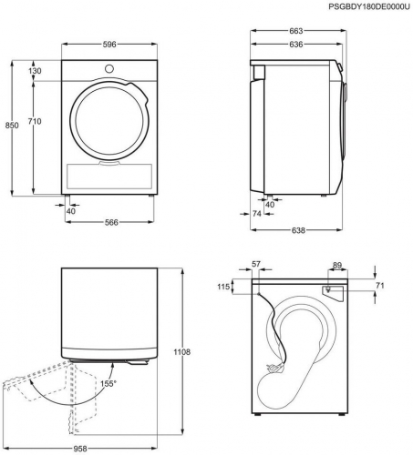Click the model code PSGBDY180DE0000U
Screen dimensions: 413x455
[x=369, y=6]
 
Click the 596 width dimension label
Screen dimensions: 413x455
[x=109, y=45]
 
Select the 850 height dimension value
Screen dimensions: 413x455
[x=12, y=126]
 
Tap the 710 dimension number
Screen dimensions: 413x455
[x=35, y=121]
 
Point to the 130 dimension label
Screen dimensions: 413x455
[x=35, y=71]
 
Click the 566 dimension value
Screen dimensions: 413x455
[x=111, y=222]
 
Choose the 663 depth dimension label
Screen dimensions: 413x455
[x=296, y=31]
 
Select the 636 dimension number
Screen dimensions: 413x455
[x=296, y=45]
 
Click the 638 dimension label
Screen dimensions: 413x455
[x=298, y=230]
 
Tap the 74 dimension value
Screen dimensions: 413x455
[x=257, y=214]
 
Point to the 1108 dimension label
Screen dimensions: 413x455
[x=182, y=352]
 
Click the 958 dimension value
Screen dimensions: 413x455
[x=80, y=449]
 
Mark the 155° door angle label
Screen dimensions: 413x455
[x=108, y=384]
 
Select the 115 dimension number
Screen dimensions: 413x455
[x=223, y=287]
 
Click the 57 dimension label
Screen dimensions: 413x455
[x=256, y=264]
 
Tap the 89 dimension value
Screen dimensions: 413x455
[x=337, y=266]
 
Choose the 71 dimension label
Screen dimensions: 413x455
[x=380, y=286]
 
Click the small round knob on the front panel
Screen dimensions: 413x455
[x=109, y=69]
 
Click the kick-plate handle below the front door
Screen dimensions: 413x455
[x=109, y=163]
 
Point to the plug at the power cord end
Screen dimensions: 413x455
[x=274, y=369]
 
